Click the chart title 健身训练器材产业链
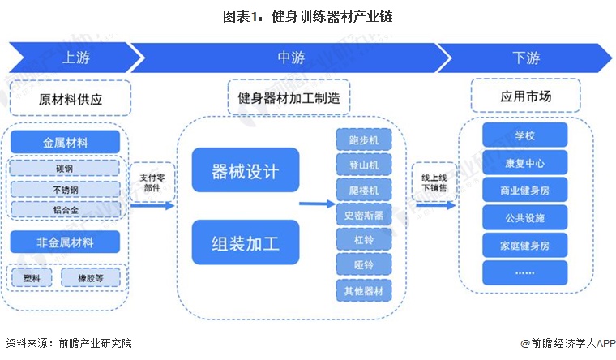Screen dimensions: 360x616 pyautogui.click(x=308, y=16)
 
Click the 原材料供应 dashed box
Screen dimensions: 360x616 pyautogui.click(x=72, y=100)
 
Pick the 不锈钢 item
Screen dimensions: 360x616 pyautogui.click(x=66, y=189)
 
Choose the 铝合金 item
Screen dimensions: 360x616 pyautogui.click(x=66, y=210)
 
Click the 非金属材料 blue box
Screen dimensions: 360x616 pyautogui.click(x=66, y=242)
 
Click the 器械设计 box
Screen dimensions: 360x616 pyautogui.click(x=245, y=171)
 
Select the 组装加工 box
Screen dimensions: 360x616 pyautogui.click(x=245, y=241)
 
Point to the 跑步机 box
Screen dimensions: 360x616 pyautogui.click(x=363, y=139)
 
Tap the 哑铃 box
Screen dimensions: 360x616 pyautogui.click(x=363, y=264)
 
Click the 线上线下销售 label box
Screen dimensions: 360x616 pyautogui.click(x=430, y=183)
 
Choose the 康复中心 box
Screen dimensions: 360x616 pyautogui.click(x=524, y=163)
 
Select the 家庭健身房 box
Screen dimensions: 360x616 pyautogui.click(x=524, y=244)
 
